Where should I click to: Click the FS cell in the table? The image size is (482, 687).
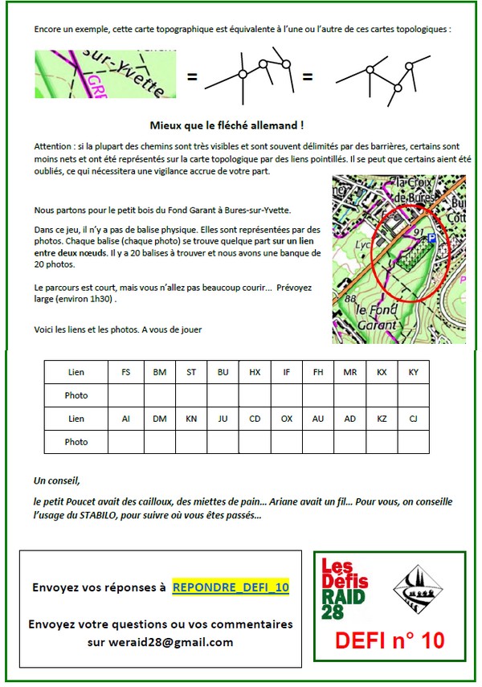click(x=126, y=372)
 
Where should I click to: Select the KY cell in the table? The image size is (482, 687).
click(x=414, y=372)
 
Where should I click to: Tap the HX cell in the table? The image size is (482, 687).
click(x=255, y=372)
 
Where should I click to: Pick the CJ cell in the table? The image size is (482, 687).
click(x=414, y=419)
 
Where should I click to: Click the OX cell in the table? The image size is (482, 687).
click(x=287, y=419)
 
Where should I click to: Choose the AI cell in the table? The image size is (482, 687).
click(x=126, y=419)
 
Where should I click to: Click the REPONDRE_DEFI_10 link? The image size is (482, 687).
click(x=231, y=587)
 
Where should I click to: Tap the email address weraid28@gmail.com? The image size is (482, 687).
click(x=160, y=642)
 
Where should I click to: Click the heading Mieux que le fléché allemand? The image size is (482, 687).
click(x=227, y=125)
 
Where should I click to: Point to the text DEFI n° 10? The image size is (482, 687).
click(x=390, y=640)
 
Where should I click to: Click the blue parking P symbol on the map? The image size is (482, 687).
click(x=432, y=238)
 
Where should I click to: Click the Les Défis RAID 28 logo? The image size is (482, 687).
click(x=345, y=587)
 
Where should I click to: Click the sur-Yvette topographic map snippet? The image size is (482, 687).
click(x=105, y=75)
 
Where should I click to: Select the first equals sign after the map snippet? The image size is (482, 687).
click(x=192, y=77)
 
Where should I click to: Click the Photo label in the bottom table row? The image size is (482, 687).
click(x=76, y=442)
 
